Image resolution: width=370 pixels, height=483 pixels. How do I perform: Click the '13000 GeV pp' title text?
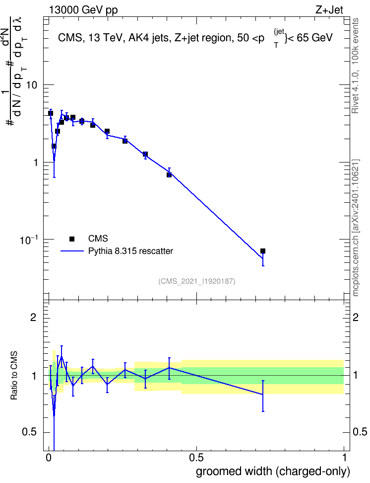point(83,10)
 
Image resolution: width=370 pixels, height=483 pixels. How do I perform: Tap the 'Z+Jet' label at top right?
point(329,10)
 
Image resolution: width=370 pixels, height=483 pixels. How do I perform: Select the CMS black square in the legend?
point(72,239)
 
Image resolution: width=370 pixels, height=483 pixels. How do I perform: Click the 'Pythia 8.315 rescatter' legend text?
point(131,251)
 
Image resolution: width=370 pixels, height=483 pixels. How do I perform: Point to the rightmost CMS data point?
point(263,251)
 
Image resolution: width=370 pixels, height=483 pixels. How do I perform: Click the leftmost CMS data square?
point(51,113)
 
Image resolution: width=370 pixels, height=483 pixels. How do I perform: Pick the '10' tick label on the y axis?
point(32,85)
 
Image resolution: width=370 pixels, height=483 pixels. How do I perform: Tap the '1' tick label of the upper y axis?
point(35,162)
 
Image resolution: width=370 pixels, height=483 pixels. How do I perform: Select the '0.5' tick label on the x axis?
point(196,458)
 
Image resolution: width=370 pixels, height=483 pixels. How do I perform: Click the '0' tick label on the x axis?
point(49,458)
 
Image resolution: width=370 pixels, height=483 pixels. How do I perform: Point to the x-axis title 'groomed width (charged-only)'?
point(273,472)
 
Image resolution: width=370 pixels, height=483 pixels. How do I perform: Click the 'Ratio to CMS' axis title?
point(14,376)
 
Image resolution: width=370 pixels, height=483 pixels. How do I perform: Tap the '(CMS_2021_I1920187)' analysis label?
point(197,281)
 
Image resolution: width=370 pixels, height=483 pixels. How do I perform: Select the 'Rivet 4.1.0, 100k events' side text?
point(355,66)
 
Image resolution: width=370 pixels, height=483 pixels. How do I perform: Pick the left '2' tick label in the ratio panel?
point(34,317)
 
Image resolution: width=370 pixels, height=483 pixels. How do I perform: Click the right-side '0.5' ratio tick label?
point(360,432)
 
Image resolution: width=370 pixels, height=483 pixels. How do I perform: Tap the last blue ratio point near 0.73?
point(263,394)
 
